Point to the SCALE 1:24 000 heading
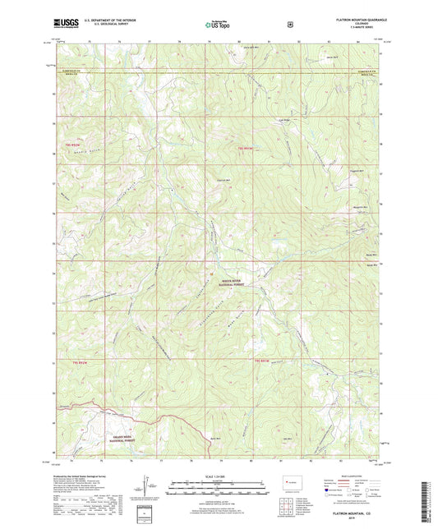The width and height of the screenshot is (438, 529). click(x=218, y=477)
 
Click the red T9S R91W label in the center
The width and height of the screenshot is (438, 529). click(x=242, y=147)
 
